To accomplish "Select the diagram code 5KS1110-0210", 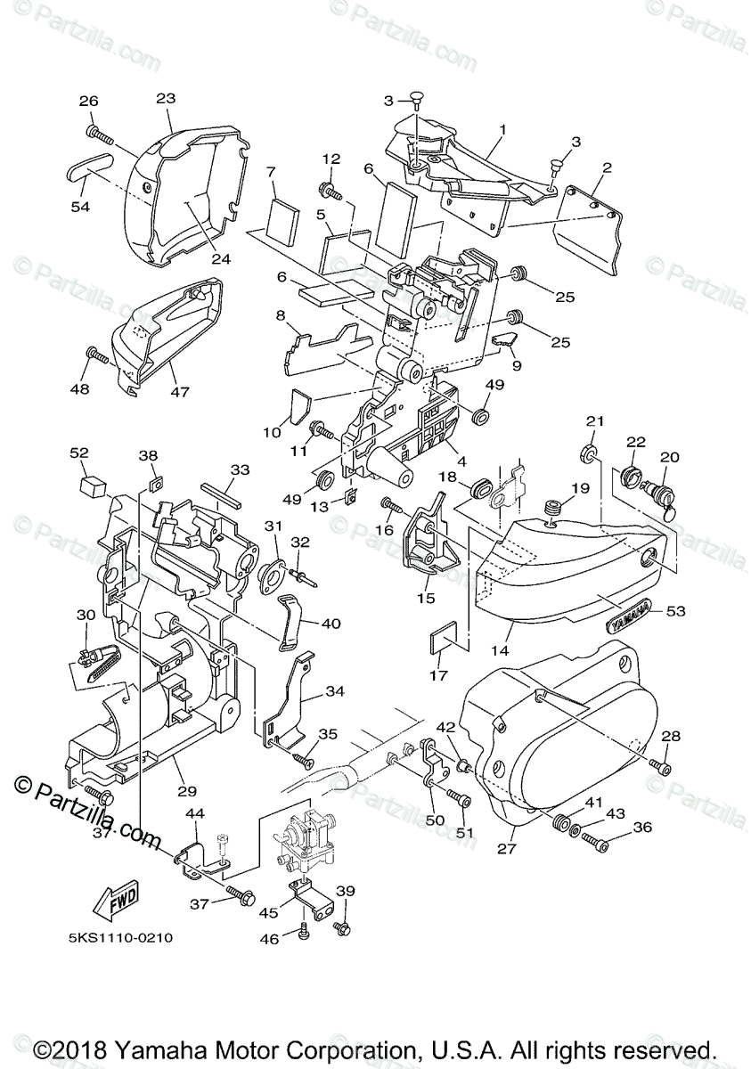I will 118,938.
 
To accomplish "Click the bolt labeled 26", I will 98,135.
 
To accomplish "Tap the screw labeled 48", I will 98,356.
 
